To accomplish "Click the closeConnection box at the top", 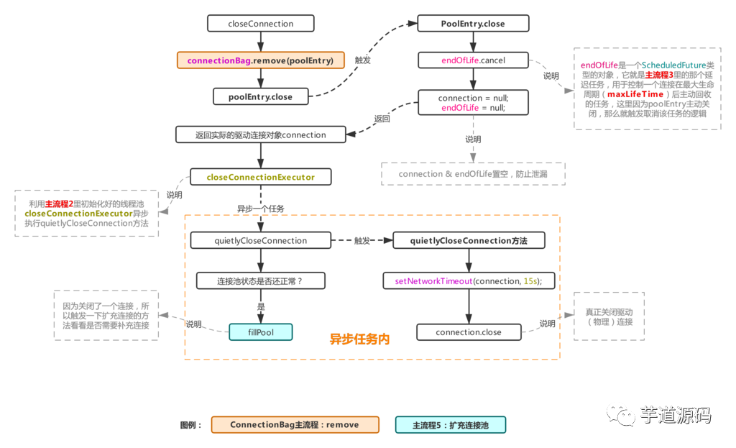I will pyautogui.click(x=260, y=24).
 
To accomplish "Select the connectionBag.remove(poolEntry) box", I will pyautogui.click(x=260, y=60).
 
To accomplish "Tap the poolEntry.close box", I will pyautogui.click(x=260, y=96).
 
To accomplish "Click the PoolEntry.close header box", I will pyautogui.click(x=472, y=24).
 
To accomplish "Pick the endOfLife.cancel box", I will pyautogui.click(x=472, y=60).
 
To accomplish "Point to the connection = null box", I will pyautogui.click(x=472, y=103).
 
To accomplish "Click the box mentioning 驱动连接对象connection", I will pyautogui.click(x=260, y=134).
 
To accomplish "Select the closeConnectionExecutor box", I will pyautogui.click(x=260, y=176).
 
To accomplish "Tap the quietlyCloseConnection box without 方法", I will pyautogui.click(x=260, y=240).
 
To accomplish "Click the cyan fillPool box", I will pyautogui.click(x=260, y=332).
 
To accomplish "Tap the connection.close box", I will pyautogui.click(x=468, y=332).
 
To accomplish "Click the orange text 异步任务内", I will pyautogui.click(x=359, y=339).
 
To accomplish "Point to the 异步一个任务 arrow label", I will pyautogui.click(x=260, y=209).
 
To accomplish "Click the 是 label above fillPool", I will pyautogui.click(x=261, y=306).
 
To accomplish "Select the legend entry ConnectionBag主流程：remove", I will pyautogui.click(x=295, y=425).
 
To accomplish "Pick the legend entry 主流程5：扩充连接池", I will pyautogui.click(x=451, y=425).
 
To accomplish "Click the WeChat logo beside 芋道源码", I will pyautogui.click(x=621, y=414).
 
